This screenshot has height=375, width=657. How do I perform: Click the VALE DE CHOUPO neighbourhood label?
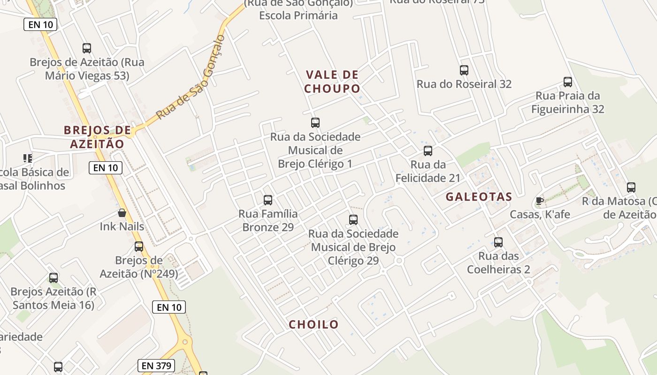click(332, 82)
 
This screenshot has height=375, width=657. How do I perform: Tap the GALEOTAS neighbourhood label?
click(479, 197)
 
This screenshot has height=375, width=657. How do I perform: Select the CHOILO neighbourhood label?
click(313, 324)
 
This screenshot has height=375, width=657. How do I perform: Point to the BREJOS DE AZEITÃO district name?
click(97, 137)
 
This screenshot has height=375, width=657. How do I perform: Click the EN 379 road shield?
click(156, 366)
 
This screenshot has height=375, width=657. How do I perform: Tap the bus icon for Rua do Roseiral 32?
click(464, 70)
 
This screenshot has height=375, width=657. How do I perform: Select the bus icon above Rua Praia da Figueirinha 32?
click(567, 82)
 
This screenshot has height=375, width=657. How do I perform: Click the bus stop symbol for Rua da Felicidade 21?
click(428, 151)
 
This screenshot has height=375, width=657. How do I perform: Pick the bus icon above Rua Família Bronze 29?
click(268, 200)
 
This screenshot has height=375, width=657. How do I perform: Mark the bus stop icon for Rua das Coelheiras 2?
click(498, 242)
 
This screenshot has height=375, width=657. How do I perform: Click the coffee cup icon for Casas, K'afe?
click(540, 201)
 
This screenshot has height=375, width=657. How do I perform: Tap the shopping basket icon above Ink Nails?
click(122, 213)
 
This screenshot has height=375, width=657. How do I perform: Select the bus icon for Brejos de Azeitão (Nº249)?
click(139, 247)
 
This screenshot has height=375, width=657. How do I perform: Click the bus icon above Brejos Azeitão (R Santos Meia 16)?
click(53, 278)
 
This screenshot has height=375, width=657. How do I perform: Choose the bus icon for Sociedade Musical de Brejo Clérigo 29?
click(353, 219)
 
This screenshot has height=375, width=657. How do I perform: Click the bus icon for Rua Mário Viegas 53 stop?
click(87, 48)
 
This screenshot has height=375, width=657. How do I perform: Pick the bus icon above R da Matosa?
click(631, 187)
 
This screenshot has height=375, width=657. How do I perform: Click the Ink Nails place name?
click(122, 227)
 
